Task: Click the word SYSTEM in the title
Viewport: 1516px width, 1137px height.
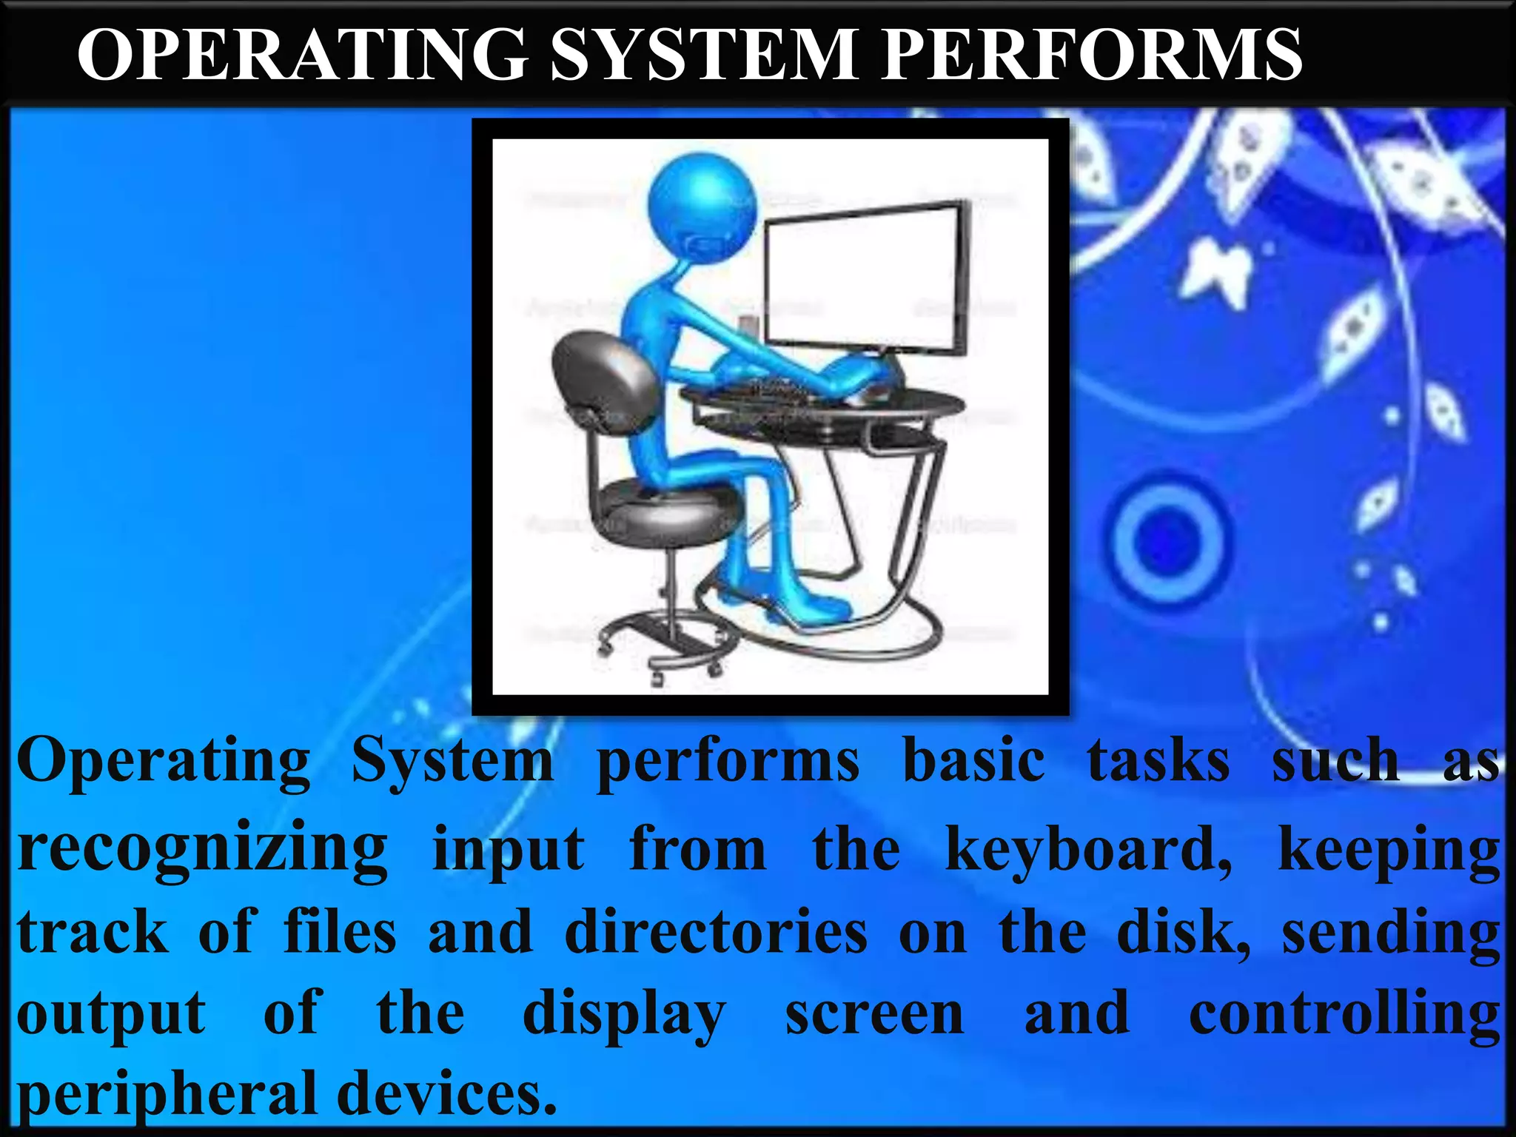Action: click(x=703, y=55)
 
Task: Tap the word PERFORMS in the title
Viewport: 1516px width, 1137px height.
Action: click(x=1091, y=55)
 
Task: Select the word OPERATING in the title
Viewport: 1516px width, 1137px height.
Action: click(x=303, y=55)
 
